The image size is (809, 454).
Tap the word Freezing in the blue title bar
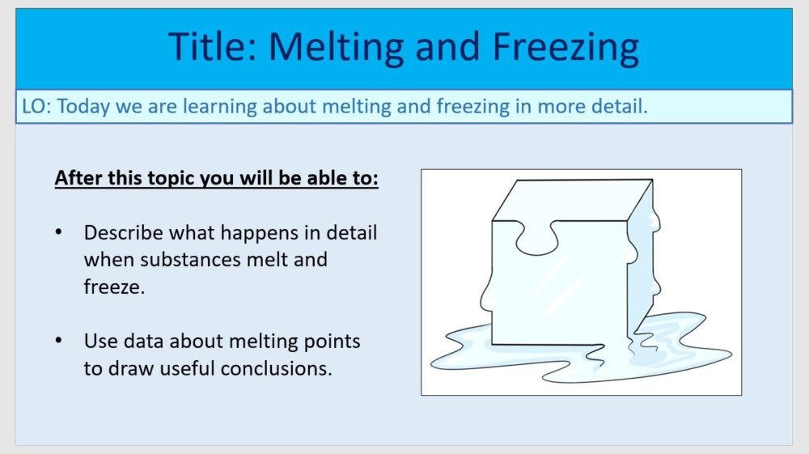coord(565,47)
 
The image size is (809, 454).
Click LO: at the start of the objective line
coord(37,107)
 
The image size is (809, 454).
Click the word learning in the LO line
coord(219,107)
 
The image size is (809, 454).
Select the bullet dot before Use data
coord(58,341)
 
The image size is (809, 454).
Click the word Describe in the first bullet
coord(123,233)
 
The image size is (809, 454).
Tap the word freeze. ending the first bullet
coord(114,287)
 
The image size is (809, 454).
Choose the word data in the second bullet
coord(142,341)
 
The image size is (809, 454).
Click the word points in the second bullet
coord(333,341)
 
